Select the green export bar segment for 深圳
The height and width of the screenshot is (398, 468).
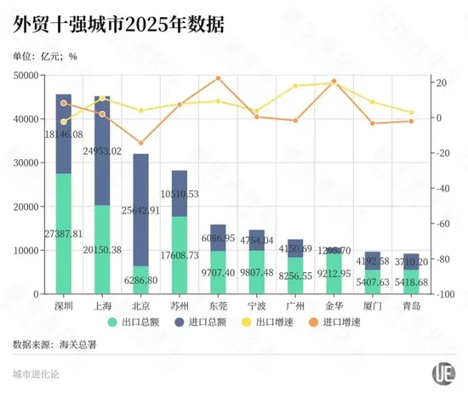click(x=64, y=247)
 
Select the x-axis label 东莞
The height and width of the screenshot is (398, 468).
click(x=218, y=304)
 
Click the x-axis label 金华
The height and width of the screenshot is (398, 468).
click(x=334, y=304)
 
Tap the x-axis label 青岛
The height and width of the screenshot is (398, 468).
click(x=412, y=304)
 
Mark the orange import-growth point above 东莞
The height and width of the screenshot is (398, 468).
click(x=218, y=78)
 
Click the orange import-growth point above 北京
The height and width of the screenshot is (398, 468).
click(x=141, y=143)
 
